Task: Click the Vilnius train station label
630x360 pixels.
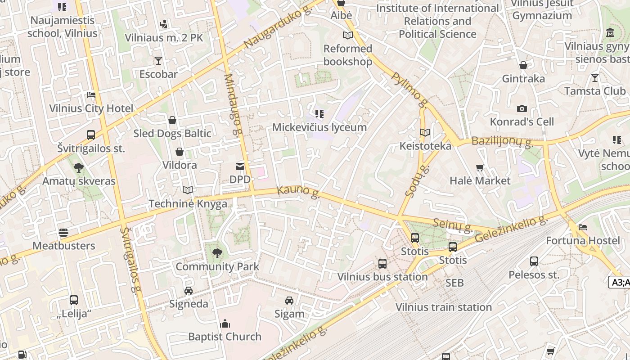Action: click(x=443, y=307)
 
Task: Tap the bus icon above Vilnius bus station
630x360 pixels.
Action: click(x=382, y=264)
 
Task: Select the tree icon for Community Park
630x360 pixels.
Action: click(x=217, y=253)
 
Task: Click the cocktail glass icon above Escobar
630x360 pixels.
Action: click(x=158, y=61)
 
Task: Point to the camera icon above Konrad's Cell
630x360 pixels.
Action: click(x=522, y=108)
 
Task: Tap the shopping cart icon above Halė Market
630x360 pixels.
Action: click(x=480, y=168)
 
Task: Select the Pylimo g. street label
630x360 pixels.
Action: click(x=409, y=90)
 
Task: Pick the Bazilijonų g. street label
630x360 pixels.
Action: click(x=502, y=142)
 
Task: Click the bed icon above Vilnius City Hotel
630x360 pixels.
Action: click(x=91, y=95)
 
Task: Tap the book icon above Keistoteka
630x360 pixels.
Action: click(x=425, y=133)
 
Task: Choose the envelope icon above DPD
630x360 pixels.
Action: click(x=240, y=167)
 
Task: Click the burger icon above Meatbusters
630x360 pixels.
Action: click(x=63, y=233)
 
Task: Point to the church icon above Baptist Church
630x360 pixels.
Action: click(x=225, y=324)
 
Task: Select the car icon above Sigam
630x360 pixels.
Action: click(x=289, y=301)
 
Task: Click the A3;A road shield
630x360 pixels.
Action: click(x=620, y=282)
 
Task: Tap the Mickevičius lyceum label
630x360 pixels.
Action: click(x=319, y=127)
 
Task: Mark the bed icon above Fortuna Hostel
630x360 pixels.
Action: click(x=583, y=227)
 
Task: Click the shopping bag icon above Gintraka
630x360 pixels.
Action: click(x=523, y=66)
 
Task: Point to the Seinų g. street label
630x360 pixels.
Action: click(x=453, y=225)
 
